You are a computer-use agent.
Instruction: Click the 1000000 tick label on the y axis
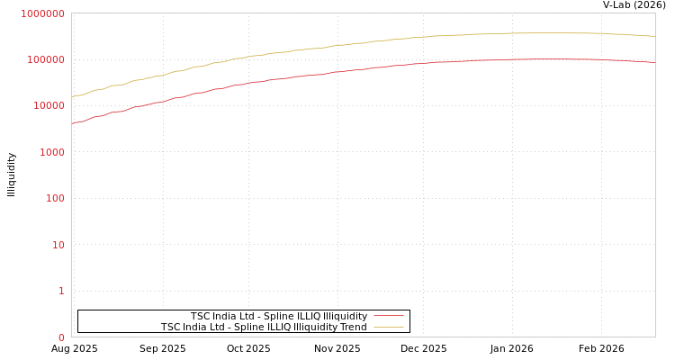(42, 13)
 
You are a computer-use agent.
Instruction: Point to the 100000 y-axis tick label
(45, 59)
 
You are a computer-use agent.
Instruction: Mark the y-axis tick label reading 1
(61, 291)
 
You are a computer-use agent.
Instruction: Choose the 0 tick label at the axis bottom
(61, 337)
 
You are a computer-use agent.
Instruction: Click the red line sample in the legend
(388, 316)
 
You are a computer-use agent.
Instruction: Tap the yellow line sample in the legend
(388, 328)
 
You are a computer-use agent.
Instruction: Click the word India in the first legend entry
(226, 317)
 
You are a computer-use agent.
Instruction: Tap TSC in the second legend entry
(170, 328)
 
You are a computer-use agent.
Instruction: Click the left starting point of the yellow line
(72, 97)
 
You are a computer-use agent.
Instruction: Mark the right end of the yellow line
(654, 36)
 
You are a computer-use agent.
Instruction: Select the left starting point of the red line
(72, 123)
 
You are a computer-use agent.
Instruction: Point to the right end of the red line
(654, 62)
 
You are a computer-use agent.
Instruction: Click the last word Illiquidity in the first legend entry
(345, 317)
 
